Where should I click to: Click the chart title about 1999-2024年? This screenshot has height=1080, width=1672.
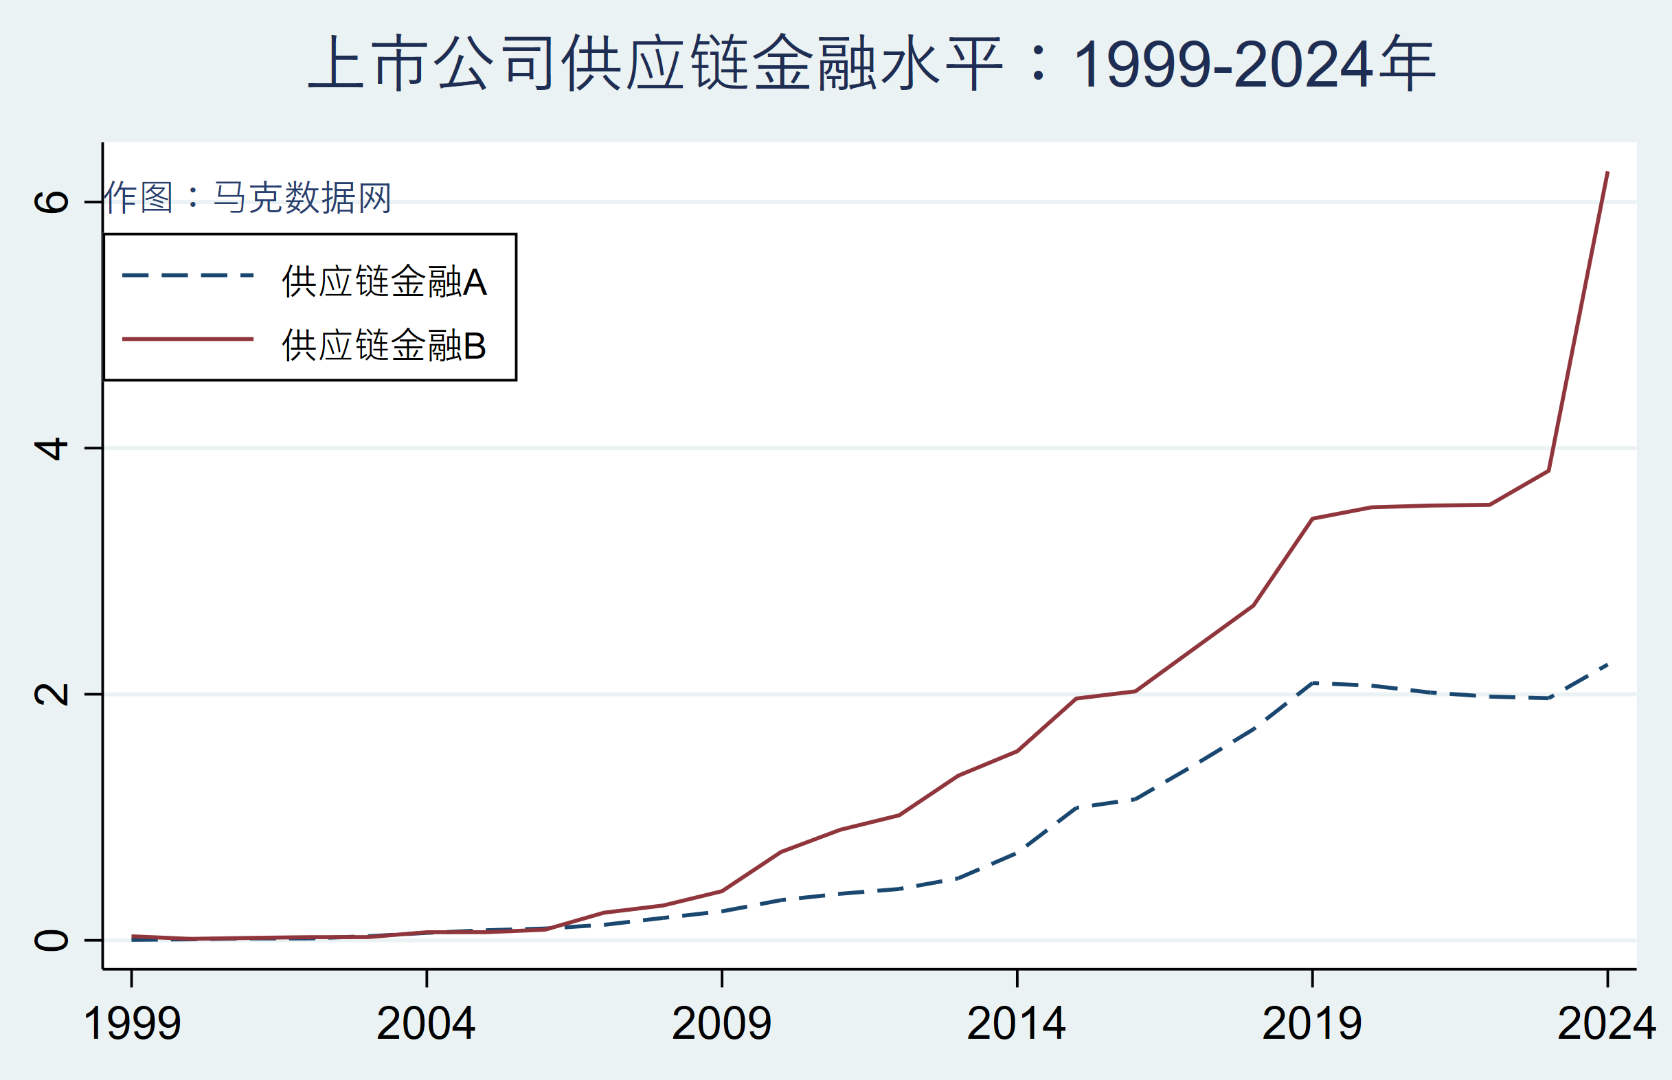[872, 65]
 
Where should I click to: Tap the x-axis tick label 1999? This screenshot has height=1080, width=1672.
[132, 1024]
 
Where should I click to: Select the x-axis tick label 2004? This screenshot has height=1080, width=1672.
[426, 1024]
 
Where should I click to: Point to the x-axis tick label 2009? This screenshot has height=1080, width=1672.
[721, 1024]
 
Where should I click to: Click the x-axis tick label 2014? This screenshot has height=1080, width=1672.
[1017, 1024]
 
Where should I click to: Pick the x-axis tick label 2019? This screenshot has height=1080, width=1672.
[1311, 1024]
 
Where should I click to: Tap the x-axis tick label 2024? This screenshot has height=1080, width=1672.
[1606, 1024]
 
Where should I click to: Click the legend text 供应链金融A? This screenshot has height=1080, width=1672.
[384, 282]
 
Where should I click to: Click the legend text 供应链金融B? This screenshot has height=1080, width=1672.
[384, 346]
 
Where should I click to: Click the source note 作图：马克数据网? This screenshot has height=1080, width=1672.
[247, 198]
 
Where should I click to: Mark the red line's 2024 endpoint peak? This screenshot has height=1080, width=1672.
[1607, 172]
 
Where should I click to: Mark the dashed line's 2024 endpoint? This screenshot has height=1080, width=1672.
[1607, 664]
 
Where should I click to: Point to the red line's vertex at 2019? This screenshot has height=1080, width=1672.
[1312, 519]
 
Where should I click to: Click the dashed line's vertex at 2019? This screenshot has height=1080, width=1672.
[1312, 682]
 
